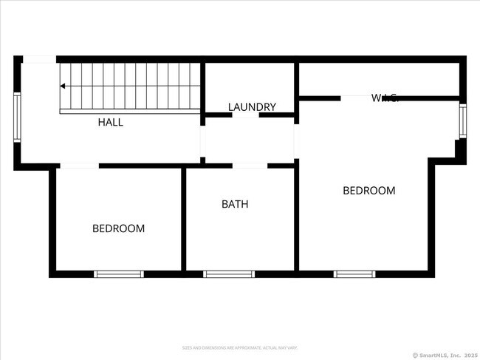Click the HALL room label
[x=111, y=122]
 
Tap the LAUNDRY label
[x=252, y=107]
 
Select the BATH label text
[x=235, y=204]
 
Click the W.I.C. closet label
[x=385, y=98]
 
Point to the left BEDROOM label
[x=118, y=228]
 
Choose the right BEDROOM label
[x=368, y=190]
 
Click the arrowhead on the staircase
[x=63, y=86]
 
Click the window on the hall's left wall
[x=17, y=118]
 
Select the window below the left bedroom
[x=118, y=274]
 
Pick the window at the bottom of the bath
[x=229, y=274]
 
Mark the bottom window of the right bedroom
[x=355, y=274]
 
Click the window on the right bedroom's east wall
[x=463, y=121]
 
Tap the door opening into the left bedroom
[x=79, y=166]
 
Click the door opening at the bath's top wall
[x=250, y=166]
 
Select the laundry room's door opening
[x=245, y=115]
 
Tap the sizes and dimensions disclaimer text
[x=240, y=347]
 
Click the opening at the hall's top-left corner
[x=40, y=59]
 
